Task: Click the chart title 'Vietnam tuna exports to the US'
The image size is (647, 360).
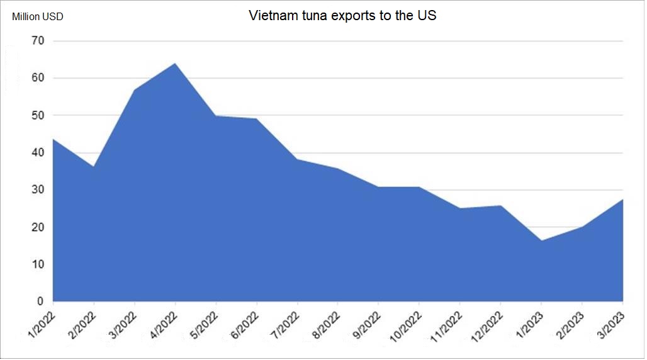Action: click(x=342, y=16)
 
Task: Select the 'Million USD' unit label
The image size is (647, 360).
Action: click(x=38, y=17)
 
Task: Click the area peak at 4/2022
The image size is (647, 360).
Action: click(x=175, y=64)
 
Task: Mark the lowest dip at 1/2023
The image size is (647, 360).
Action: click(x=541, y=240)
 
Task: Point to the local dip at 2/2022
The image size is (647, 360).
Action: click(x=94, y=167)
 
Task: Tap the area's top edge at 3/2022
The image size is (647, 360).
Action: click(x=135, y=90)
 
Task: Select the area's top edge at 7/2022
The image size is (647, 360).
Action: click(x=297, y=159)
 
